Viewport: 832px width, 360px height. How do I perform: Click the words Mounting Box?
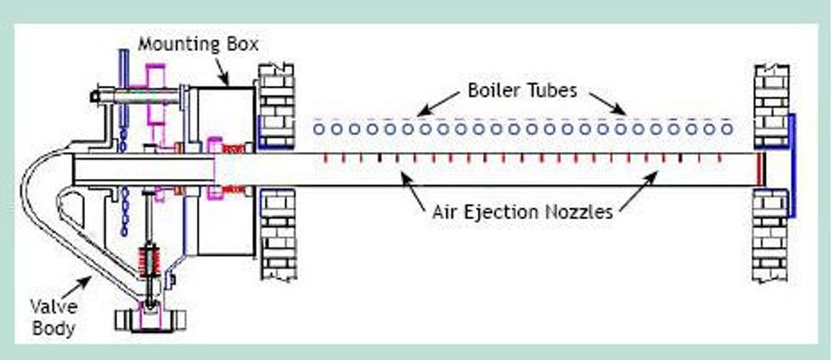click(x=198, y=44)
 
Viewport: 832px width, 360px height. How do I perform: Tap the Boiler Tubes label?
click(x=522, y=90)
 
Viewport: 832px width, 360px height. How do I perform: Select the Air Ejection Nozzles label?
click(x=523, y=212)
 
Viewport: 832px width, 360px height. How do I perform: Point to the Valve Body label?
click(x=53, y=317)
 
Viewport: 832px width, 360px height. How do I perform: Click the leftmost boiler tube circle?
click(x=319, y=129)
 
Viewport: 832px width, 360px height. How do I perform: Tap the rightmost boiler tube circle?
click(x=727, y=129)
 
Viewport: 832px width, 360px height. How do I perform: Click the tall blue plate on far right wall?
click(x=792, y=166)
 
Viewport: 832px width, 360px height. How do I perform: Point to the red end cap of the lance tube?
click(x=761, y=169)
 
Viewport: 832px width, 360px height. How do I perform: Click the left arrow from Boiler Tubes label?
click(x=438, y=104)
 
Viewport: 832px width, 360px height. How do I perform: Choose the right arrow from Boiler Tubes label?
click(x=608, y=104)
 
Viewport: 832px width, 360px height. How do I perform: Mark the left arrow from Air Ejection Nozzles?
click(x=414, y=190)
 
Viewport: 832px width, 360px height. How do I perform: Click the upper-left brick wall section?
click(x=276, y=107)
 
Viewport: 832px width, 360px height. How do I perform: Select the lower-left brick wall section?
click(x=278, y=234)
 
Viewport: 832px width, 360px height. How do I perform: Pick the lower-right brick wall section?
click(x=770, y=234)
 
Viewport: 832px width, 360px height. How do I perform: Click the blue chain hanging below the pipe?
click(x=125, y=212)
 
